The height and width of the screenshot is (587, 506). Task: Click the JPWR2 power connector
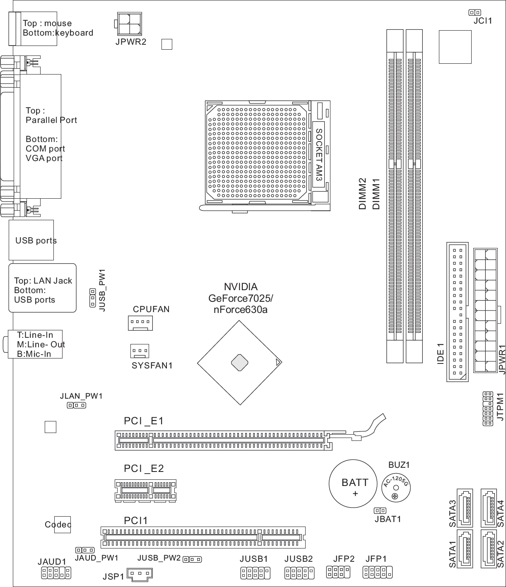(129, 24)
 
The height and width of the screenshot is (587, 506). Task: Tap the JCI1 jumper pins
(475, 12)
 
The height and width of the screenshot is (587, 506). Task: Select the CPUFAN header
(140, 323)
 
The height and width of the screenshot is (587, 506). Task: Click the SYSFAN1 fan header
(140, 351)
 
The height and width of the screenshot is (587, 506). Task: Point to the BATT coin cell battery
(353, 484)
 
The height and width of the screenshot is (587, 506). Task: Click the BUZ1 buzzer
(396, 488)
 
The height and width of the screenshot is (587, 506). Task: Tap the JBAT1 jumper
(380, 510)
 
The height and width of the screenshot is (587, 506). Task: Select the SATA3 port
(465, 508)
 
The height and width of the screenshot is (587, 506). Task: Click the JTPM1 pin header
(488, 409)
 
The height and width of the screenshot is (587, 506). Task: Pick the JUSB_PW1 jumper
(92, 298)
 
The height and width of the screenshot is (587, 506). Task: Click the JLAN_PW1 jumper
(77, 405)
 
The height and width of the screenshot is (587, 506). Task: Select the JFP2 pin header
(338, 572)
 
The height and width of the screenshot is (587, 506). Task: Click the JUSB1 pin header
(255, 573)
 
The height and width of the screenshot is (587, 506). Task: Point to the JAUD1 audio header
(56, 573)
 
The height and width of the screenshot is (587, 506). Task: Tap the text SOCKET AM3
(319, 155)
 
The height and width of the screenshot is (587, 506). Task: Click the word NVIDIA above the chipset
(241, 287)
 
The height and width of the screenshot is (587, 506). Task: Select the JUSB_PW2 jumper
(192, 560)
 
